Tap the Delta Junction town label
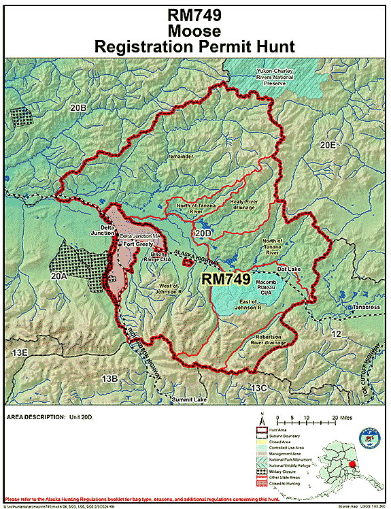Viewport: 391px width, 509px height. click(x=98, y=229)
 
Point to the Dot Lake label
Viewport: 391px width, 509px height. click(x=288, y=269)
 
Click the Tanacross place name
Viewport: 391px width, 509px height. click(x=366, y=307)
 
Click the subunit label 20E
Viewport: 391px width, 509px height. click(x=328, y=144)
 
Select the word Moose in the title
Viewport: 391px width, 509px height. click(x=195, y=31)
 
